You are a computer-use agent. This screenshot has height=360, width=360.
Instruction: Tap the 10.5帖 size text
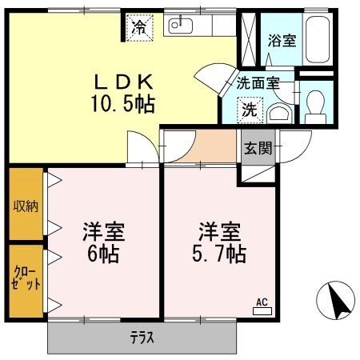122,102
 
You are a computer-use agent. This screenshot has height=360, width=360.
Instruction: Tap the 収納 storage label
24,205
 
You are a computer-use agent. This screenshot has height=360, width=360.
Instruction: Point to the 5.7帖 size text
218,254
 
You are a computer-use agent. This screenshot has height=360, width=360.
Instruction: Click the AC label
261,302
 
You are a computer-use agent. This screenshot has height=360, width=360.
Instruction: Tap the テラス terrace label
142,337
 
